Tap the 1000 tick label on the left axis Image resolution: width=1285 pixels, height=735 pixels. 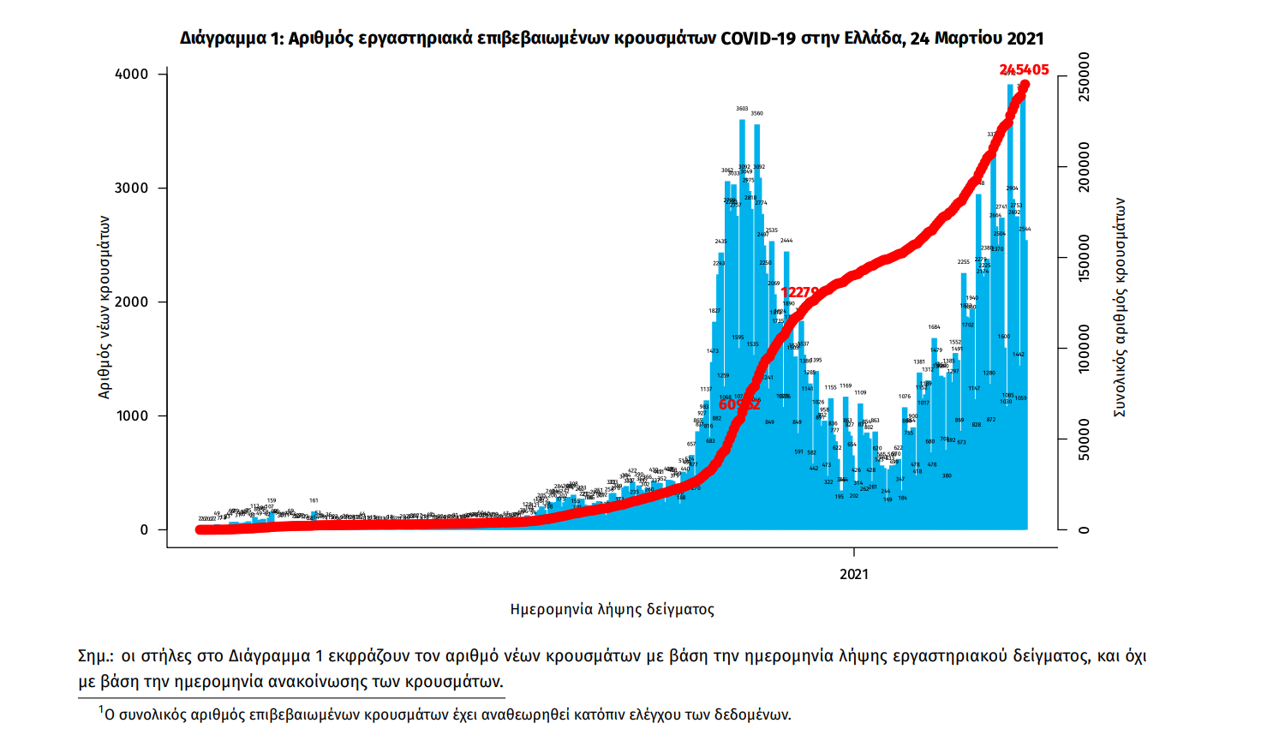[x=132, y=416]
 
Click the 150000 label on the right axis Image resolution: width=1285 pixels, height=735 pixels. [x=1085, y=258]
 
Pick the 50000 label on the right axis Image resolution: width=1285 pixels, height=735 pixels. [x=1085, y=439]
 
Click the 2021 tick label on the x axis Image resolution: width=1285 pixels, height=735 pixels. [x=854, y=574]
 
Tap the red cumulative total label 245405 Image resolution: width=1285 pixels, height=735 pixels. [x=1024, y=70]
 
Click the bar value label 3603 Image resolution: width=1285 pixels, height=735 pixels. [x=742, y=109]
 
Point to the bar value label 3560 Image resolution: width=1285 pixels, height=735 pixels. [x=756, y=113]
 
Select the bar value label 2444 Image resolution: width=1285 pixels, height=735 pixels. [x=786, y=241]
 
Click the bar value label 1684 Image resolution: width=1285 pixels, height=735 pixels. [x=934, y=327]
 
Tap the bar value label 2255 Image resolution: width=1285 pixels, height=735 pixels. [x=964, y=262]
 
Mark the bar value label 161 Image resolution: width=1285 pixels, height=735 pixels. [x=314, y=500]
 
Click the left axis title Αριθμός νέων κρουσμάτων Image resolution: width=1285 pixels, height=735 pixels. [x=105, y=307]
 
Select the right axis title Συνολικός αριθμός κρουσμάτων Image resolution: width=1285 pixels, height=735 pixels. [x=1119, y=308]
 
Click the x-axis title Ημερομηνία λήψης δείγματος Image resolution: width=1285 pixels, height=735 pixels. [x=612, y=609]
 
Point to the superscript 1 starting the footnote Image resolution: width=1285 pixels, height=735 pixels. [x=100, y=709]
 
